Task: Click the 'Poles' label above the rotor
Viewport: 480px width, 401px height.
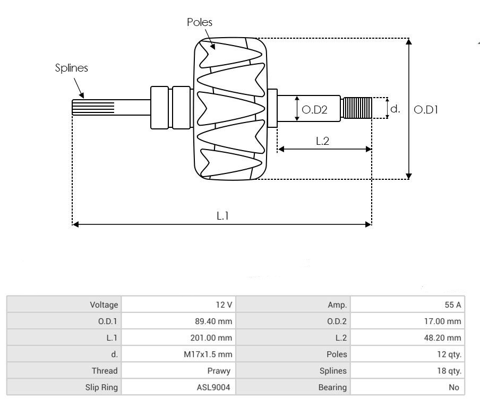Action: [x=200, y=22]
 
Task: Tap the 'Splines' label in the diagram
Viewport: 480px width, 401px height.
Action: [x=72, y=68]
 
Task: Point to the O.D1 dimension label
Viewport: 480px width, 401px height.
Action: [x=426, y=110]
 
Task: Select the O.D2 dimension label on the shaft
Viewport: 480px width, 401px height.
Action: [x=314, y=110]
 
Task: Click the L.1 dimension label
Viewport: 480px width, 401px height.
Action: [x=222, y=215]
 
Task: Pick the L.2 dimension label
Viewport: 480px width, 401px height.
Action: [x=323, y=141]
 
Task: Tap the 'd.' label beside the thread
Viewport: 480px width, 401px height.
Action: [x=395, y=109]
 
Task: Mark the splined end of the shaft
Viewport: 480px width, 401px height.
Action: [x=93, y=108]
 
